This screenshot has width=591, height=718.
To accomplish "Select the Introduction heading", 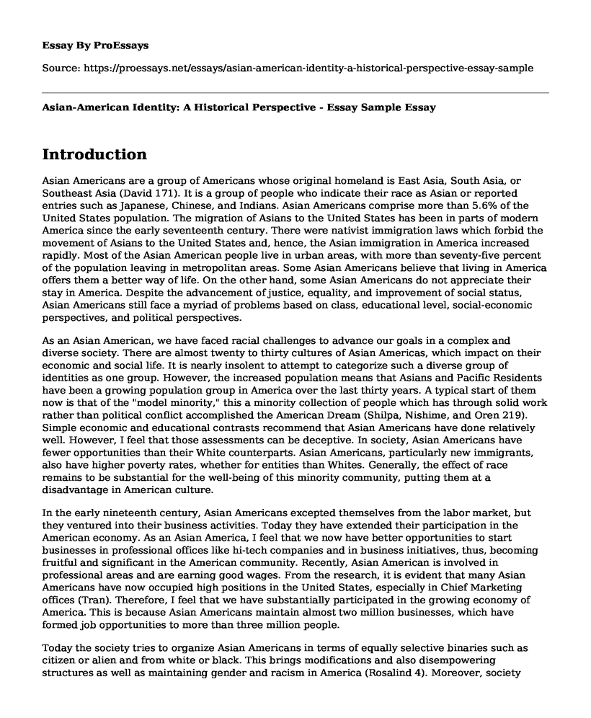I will (x=94, y=154).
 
